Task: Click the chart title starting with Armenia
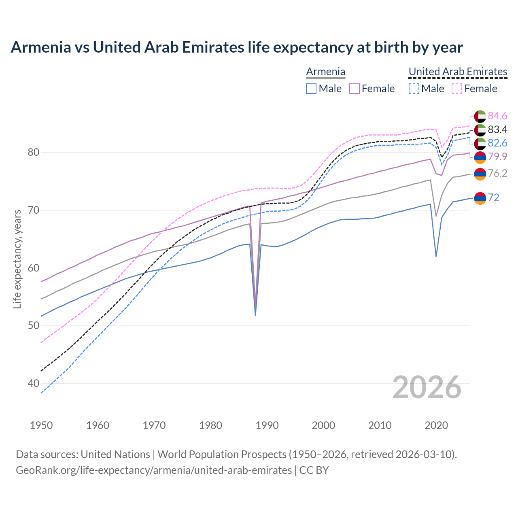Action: pyautogui.click(x=237, y=47)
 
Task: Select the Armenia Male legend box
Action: pyautogui.click(x=311, y=89)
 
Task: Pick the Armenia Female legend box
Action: pyautogui.click(x=355, y=89)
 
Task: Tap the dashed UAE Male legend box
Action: pyautogui.click(x=414, y=89)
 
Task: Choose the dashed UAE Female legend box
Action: pyautogui.click(x=457, y=89)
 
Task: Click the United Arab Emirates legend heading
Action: pyautogui.click(x=458, y=72)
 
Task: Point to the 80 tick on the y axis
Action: pyautogui.click(x=33, y=153)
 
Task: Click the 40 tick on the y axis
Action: pyautogui.click(x=33, y=383)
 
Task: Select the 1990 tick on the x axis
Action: pyautogui.click(x=267, y=425)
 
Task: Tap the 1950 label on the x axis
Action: pyautogui.click(x=41, y=425)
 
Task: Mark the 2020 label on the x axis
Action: pyautogui.click(x=436, y=425)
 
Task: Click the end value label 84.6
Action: pyautogui.click(x=497, y=116)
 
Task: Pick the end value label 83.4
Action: pyautogui.click(x=497, y=129)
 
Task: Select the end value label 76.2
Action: pyautogui.click(x=497, y=174)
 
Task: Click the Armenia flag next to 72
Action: pyautogui.click(x=480, y=198)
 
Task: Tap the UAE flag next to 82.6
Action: pyautogui.click(x=480, y=143)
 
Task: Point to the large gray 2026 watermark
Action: pyautogui.click(x=427, y=387)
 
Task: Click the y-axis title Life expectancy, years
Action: pyautogui.click(x=17, y=259)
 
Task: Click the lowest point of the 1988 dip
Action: pyautogui.click(x=255, y=315)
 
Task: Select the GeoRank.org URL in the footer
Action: pyautogui.click(x=154, y=470)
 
